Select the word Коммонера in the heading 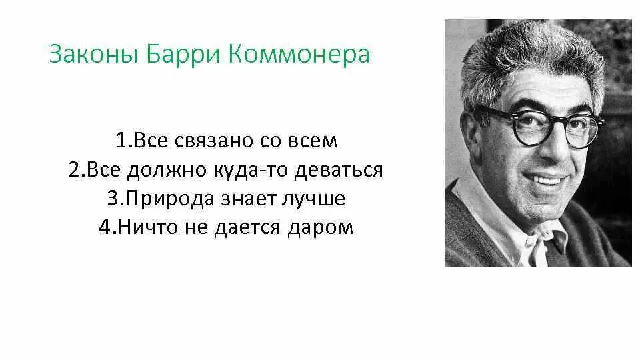coord(299,55)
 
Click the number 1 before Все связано coord(121,141)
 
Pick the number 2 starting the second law coord(74,170)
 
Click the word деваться coord(339,170)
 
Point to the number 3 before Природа coord(112,199)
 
